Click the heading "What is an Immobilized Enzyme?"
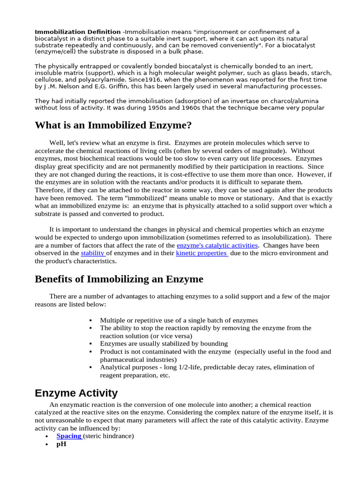click(113, 126)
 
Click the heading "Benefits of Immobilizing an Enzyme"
click(119, 279)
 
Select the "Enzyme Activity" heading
click(76, 393)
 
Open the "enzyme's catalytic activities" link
click(217, 246)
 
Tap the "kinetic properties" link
click(202, 253)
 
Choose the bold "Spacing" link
click(69, 436)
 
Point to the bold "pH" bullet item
click(61, 444)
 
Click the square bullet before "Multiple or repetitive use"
click(90, 321)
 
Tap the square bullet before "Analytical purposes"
click(90, 367)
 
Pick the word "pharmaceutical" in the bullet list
click(120, 360)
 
